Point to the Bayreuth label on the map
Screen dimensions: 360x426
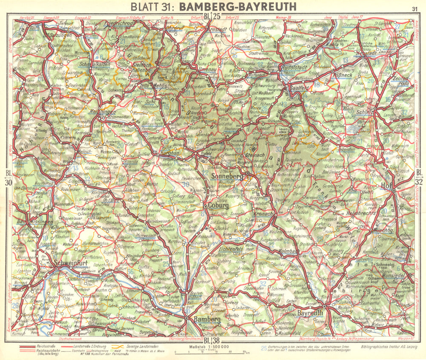tap(311, 313)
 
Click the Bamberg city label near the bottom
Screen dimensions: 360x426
tap(207, 319)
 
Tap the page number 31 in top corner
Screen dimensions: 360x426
tap(414, 8)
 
